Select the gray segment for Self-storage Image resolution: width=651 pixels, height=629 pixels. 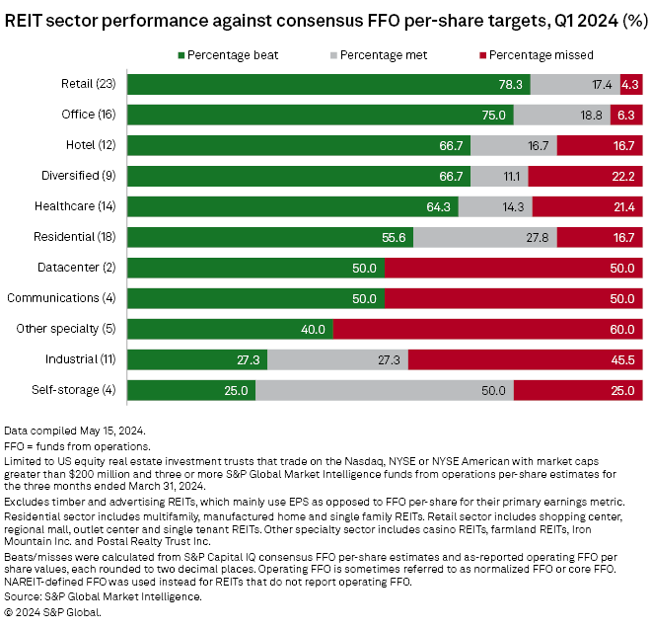[x=385, y=390]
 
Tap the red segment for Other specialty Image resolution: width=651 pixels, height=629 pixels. [x=488, y=329]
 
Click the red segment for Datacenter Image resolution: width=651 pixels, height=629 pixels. [x=513, y=268]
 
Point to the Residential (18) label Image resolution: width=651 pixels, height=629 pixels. [x=74, y=237]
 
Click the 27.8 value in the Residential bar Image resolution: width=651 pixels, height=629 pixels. [x=538, y=237]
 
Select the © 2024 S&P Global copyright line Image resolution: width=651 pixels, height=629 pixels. [x=53, y=611]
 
